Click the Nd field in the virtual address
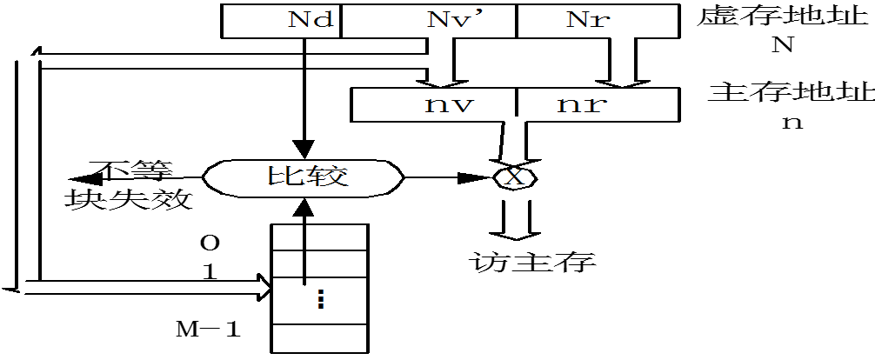click(x=280, y=20)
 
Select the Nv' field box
click(x=428, y=20)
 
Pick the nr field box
click(x=585, y=105)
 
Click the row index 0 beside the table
click(x=209, y=240)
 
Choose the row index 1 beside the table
click(x=209, y=270)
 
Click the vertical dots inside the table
click(x=321, y=299)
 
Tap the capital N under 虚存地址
click(x=780, y=46)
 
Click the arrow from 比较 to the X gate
click(x=448, y=177)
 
